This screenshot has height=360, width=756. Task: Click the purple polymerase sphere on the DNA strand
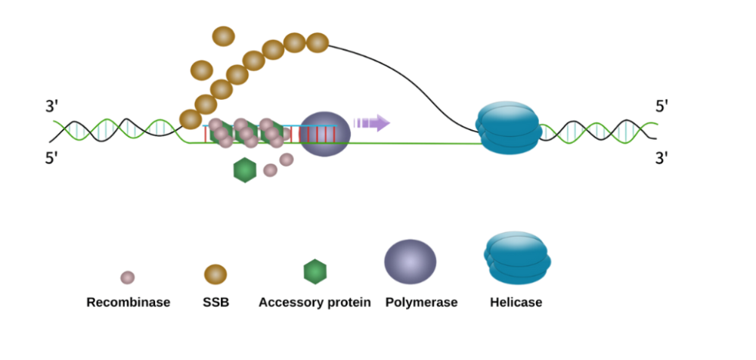click(x=325, y=134)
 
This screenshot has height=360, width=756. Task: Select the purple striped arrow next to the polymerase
click(x=371, y=123)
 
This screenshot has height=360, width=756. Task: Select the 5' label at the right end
click(x=663, y=106)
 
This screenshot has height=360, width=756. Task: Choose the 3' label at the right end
click(x=663, y=158)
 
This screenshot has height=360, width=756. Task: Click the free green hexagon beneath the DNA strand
click(x=245, y=170)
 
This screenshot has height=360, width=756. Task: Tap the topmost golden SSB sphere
click(x=224, y=36)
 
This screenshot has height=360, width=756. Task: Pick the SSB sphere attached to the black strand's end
click(x=318, y=43)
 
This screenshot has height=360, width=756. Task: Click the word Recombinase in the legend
click(x=128, y=303)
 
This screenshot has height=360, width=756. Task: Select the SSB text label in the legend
click(x=215, y=303)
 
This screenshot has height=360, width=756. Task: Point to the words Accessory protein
click(x=314, y=303)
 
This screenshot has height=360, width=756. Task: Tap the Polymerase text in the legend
click(x=421, y=303)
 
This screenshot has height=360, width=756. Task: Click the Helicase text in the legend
click(x=516, y=303)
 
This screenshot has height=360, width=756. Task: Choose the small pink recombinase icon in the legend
click(x=128, y=278)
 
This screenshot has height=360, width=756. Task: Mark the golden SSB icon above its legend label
click(x=215, y=274)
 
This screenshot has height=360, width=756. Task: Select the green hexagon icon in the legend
click(x=314, y=272)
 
